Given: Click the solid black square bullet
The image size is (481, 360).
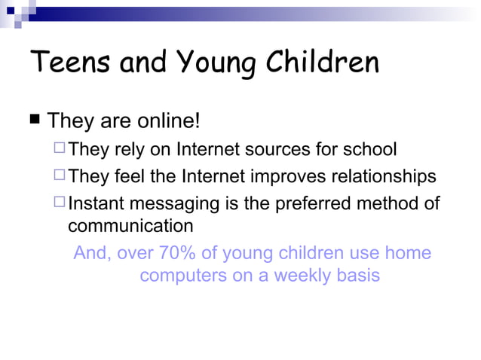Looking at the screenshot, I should click(35, 119).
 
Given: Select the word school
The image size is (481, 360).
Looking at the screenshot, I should click(369, 149).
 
